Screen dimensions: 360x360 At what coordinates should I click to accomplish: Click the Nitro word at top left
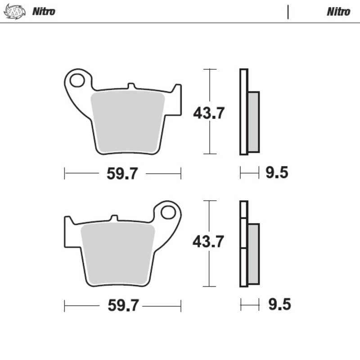[44, 11]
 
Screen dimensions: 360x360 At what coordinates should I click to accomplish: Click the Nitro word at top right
[338, 11]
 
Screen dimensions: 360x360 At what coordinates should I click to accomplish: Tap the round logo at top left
[13, 11]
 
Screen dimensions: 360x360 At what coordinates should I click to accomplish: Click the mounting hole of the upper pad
[77, 81]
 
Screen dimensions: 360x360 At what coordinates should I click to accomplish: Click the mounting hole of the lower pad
[168, 212]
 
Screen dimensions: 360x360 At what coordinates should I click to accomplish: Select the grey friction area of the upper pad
[128, 119]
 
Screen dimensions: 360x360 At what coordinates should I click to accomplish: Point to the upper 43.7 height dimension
[209, 113]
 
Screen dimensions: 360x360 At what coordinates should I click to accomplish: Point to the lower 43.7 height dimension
[208, 242]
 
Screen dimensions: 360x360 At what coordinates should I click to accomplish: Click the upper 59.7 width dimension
[122, 174]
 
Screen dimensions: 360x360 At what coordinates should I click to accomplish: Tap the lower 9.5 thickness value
[279, 305]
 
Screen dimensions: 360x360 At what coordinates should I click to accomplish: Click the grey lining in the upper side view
[254, 121]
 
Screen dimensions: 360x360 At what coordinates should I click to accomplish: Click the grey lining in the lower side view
[254, 254]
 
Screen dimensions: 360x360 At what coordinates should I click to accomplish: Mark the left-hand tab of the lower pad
[68, 232]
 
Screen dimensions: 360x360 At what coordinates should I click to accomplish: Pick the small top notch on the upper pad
[131, 85]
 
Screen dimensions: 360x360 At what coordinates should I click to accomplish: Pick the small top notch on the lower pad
[114, 218]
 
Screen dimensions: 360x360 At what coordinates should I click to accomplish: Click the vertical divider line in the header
[288, 12]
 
